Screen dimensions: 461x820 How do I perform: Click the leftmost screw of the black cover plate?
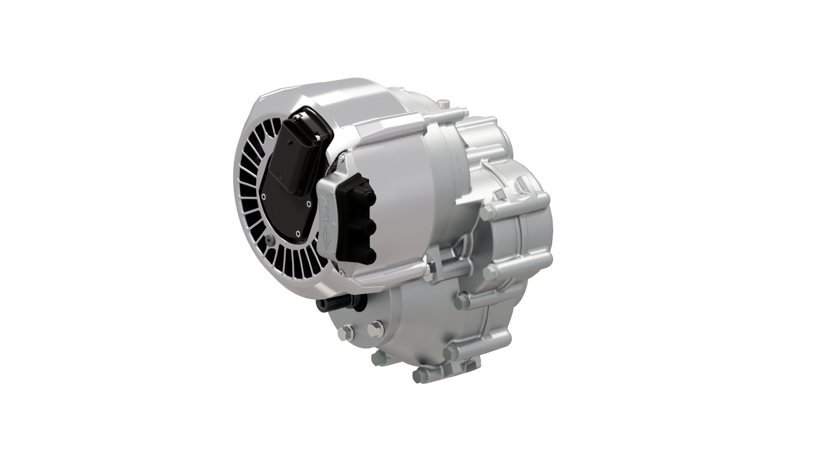coord(264,196)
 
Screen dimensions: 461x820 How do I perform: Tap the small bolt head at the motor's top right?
coord(445,103)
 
